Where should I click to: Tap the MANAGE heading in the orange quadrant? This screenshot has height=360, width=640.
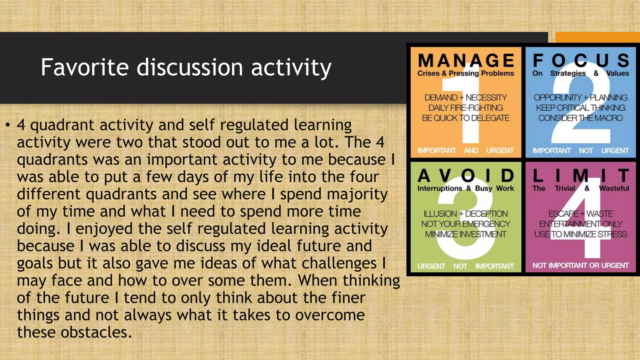[x=466, y=60]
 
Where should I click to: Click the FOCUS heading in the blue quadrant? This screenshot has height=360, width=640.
[x=581, y=60]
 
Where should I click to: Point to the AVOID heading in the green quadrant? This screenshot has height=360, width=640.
[x=466, y=176]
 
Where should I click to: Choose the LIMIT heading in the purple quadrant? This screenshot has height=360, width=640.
[x=581, y=176]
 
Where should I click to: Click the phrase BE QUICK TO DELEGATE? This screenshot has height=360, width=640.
[x=466, y=118]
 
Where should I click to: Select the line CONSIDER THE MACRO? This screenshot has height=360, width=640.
[x=581, y=118]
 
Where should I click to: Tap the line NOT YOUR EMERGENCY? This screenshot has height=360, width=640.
[x=466, y=224]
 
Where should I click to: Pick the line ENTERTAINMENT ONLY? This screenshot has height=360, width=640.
[x=581, y=224]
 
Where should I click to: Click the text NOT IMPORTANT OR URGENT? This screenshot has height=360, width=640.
[x=581, y=266]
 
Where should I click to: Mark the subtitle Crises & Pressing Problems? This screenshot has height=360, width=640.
[x=466, y=73]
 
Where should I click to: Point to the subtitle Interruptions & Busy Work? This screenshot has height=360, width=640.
[x=466, y=188]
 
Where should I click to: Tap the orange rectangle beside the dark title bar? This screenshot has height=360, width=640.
[x=597, y=37]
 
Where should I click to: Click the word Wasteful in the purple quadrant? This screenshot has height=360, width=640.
[x=614, y=188]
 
